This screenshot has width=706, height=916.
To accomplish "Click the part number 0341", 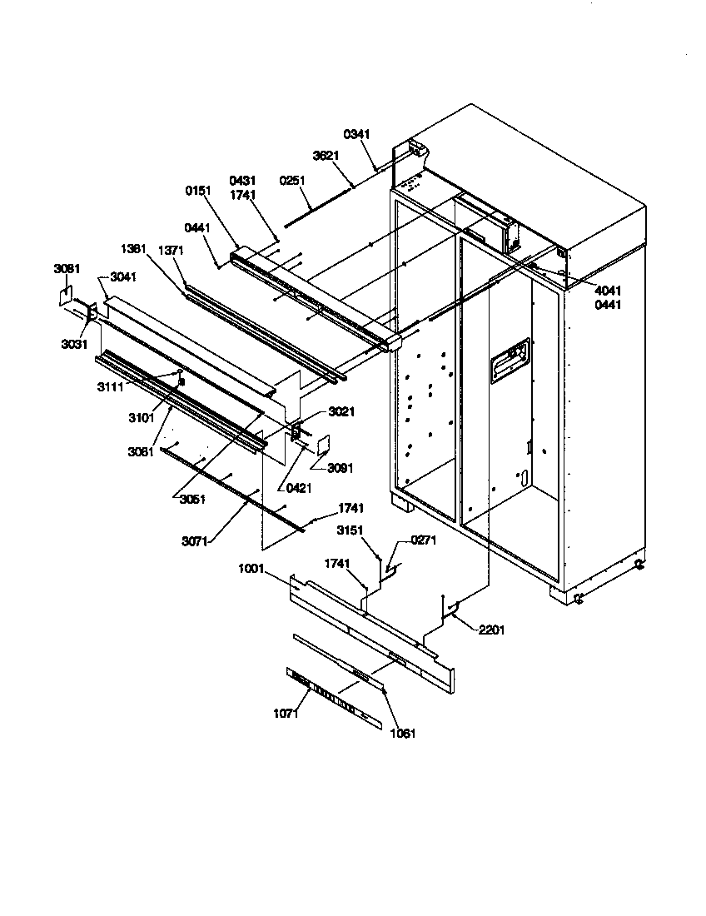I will point(357,134).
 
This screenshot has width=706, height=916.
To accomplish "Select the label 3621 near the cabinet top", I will point(326,156).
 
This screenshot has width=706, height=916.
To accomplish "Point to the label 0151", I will point(198,191).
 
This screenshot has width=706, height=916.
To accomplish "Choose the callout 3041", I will point(123,277).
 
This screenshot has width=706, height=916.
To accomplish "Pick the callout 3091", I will point(340,469).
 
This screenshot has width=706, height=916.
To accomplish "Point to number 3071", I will point(195,540).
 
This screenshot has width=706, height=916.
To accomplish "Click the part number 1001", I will point(250,569).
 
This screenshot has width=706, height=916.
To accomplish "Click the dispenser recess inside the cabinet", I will point(510,362).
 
